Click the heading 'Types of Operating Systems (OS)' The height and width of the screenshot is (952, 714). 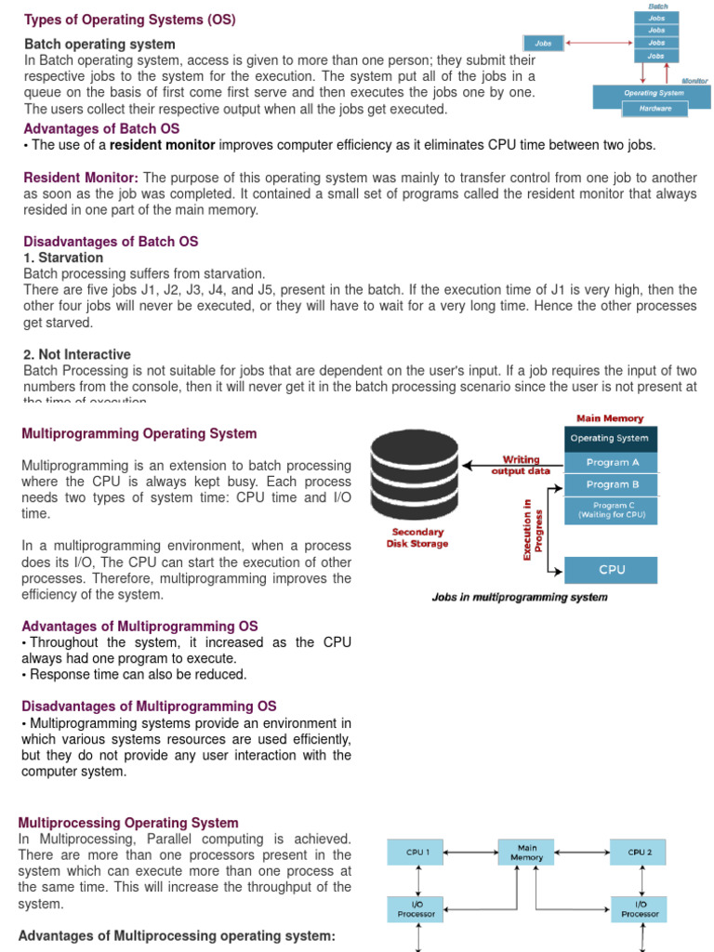[129, 20]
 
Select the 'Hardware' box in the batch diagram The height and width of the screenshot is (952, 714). [654, 108]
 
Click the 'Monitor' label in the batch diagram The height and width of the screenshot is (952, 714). [694, 81]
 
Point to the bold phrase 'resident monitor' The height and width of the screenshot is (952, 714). [163, 145]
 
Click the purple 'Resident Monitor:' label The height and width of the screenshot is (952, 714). [81, 178]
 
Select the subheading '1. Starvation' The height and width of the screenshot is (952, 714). [63, 258]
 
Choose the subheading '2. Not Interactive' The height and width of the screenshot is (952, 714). [77, 354]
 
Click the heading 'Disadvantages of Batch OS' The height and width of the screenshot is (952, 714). [111, 242]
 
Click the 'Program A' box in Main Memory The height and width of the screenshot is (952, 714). [612, 462]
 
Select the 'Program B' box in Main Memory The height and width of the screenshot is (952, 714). [612, 484]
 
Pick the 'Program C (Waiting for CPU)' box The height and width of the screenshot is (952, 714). [612, 509]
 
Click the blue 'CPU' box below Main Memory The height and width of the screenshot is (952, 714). [612, 570]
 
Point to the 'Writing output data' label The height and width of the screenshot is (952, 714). [521, 465]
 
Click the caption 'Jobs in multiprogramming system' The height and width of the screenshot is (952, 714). [520, 597]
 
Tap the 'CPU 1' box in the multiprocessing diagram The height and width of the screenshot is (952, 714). [416, 852]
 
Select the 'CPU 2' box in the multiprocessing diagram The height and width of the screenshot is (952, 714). [640, 852]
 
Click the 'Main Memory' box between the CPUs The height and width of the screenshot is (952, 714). [526, 853]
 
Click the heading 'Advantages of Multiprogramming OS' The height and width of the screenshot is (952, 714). [139, 627]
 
